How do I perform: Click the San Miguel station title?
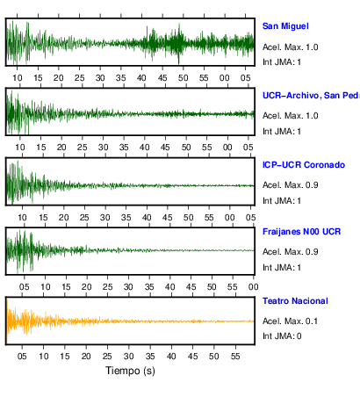(x=285, y=26)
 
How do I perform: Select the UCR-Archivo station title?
(x=311, y=96)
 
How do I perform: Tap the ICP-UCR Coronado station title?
(x=304, y=165)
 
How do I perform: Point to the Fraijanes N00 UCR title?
(x=301, y=232)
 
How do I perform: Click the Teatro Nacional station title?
(x=295, y=301)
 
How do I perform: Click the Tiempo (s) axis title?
(x=130, y=371)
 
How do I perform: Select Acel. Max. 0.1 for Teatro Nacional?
(x=290, y=321)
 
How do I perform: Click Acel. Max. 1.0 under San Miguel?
(x=290, y=47)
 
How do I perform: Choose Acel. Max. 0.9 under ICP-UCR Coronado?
(x=290, y=185)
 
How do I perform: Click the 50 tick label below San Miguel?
(x=184, y=78)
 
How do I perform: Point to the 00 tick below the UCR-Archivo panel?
(x=227, y=147)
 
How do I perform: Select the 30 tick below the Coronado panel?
(x=105, y=218)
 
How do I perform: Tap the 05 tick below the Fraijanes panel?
(x=25, y=287)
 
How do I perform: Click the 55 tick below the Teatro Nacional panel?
(x=235, y=357)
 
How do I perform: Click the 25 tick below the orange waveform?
(x=107, y=357)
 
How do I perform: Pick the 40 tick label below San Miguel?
(x=141, y=78)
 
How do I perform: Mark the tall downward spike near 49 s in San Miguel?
(x=179, y=59)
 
